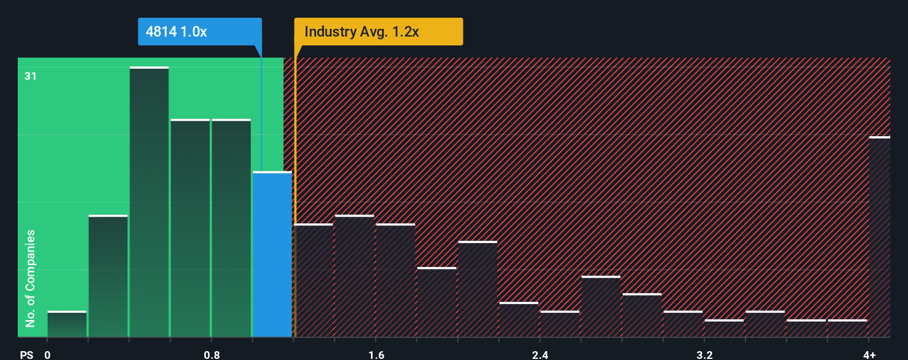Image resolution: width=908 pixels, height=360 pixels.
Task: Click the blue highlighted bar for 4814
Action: pos(272,255)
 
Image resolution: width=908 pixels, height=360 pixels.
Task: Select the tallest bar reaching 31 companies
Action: pos(149,202)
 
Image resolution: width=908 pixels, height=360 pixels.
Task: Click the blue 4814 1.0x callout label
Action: pos(199,32)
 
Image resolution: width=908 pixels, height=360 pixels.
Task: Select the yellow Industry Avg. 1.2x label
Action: pos(379,32)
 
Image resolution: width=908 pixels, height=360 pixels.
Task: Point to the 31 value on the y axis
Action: pos(30,76)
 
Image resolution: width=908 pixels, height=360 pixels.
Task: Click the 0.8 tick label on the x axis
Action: pos(211,354)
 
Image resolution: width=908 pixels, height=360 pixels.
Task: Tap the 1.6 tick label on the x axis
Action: pos(376,354)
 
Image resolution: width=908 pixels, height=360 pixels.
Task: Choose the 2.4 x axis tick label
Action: pos(540,354)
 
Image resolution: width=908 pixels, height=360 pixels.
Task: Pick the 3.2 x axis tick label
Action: pos(704,354)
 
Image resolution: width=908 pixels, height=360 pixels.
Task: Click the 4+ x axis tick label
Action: pos(869,354)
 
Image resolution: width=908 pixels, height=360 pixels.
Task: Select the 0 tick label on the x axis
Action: pos(48,354)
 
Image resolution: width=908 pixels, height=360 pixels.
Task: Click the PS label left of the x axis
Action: pos(27,354)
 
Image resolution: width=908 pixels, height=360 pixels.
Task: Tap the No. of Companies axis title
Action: pos(30,278)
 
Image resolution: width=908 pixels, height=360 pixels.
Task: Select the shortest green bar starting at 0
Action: pos(67,325)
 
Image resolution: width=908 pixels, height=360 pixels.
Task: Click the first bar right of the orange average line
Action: pos(314,281)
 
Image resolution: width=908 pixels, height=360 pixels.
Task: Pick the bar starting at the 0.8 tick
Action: pos(231,228)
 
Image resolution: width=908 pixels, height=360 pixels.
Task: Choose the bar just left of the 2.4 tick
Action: pos(519,320)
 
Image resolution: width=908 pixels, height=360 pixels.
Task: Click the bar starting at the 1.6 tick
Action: pos(395,281)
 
